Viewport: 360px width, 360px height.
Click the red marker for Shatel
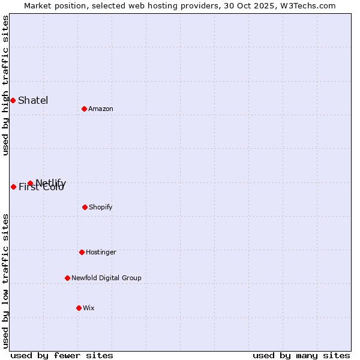(x=13, y=100)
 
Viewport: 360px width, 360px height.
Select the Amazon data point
(x=84, y=109)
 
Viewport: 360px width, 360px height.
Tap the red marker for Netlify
(x=30, y=183)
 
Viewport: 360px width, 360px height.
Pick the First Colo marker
(x=13, y=187)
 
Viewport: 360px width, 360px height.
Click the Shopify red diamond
(x=85, y=207)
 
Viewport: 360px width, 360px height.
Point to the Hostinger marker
(x=82, y=252)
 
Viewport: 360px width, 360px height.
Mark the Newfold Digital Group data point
(x=67, y=278)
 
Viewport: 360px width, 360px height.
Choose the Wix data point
(x=79, y=308)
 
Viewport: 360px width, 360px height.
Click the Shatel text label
(x=33, y=100)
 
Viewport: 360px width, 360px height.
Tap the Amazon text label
(x=101, y=109)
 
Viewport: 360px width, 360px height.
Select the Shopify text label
(x=101, y=207)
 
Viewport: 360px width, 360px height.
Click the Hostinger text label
(x=101, y=252)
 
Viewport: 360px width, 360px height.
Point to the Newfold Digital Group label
(x=106, y=278)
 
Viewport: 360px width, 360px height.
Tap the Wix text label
(x=89, y=308)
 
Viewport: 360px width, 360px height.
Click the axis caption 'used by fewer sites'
(x=62, y=355)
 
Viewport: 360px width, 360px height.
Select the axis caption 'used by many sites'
(x=301, y=355)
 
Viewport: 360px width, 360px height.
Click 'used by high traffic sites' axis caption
(x=5, y=85)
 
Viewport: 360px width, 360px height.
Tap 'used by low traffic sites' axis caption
(x=5, y=281)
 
